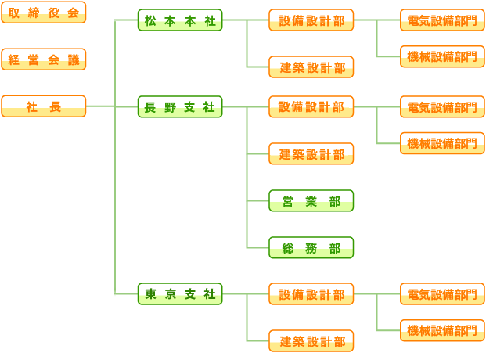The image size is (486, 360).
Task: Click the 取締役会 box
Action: pos(43,13)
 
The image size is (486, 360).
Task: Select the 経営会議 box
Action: pos(43,59)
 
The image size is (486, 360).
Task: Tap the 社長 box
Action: pos(43,106)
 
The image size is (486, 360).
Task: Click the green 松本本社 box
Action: pos(180,20)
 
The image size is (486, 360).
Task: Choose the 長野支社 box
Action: pos(180,107)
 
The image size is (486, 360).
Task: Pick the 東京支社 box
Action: pos(180,294)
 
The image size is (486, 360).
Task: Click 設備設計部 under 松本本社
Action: pos(311,20)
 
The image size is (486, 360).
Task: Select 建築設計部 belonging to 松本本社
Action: pos(311,67)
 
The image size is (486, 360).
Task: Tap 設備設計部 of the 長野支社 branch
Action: pos(311,107)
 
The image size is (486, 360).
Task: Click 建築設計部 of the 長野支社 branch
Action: pos(311,154)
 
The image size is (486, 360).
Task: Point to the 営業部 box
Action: pos(311,201)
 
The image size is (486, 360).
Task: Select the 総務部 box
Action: pos(311,248)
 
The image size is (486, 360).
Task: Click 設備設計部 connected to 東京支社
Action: pos(311,294)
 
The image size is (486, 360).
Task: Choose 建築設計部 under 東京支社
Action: pos(311,341)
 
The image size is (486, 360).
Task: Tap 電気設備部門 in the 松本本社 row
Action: pos(442,20)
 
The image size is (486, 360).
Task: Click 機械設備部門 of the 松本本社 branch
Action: pos(442,56)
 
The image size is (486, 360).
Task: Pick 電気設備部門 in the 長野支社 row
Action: pos(442,107)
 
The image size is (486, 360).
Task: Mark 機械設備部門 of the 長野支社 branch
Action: pos(442,143)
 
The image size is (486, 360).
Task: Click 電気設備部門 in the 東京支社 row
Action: pos(442,294)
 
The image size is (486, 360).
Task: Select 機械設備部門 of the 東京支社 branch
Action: pos(442,330)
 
